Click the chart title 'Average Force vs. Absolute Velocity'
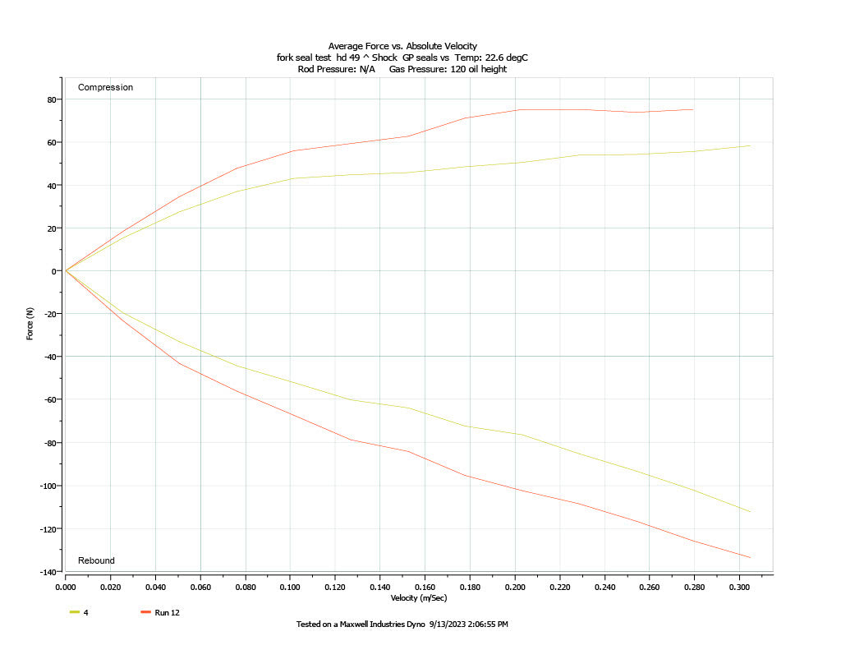click(402, 46)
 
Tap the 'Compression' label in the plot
click(105, 87)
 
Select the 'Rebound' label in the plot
click(96, 560)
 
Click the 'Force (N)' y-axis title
click(30, 324)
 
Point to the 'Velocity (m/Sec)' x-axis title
click(419, 598)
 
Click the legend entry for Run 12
click(167, 612)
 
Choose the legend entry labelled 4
click(85, 612)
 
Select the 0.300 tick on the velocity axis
click(740, 588)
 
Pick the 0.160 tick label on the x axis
click(425, 588)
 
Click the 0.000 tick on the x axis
click(66, 588)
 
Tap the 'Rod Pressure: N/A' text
click(336, 69)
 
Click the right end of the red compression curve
click(693, 109)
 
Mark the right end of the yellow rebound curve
click(750, 512)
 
